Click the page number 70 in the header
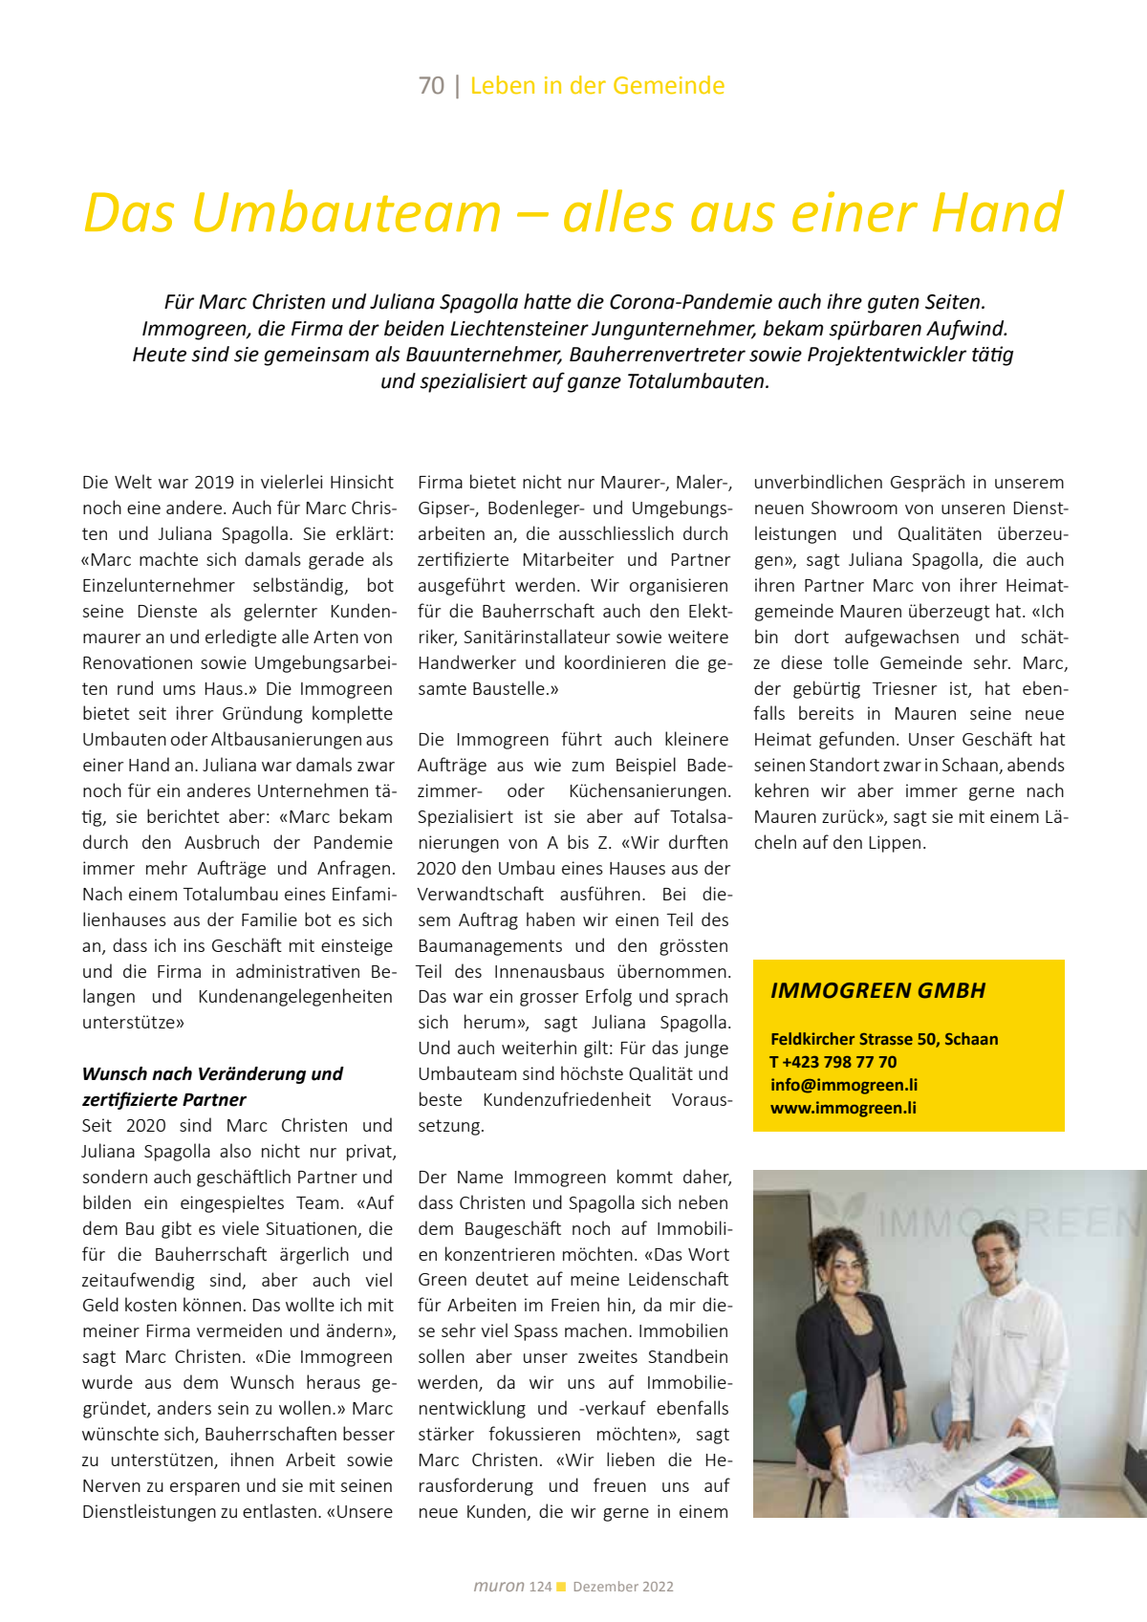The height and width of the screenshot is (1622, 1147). pyautogui.click(x=431, y=86)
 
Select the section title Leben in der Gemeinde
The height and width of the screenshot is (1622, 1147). pyautogui.click(x=597, y=86)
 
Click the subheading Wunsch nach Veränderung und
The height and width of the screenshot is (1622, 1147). pyautogui.click(x=212, y=1073)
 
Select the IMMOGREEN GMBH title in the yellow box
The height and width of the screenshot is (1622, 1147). pyautogui.click(x=877, y=990)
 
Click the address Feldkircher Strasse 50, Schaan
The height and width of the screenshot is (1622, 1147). pyautogui.click(x=884, y=1039)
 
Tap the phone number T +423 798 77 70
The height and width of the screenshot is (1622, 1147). pyautogui.click(x=833, y=1062)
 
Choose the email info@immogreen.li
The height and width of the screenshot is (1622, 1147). pyautogui.click(x=844, y=1085)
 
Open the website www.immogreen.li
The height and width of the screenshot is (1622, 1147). pyautogui.click(x=843, y=1108)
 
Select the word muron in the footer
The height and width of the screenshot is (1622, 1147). pyautogui.click(x=498, y=1587)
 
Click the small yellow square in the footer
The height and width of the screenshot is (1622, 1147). pyautogui.click(x=561, y=1587)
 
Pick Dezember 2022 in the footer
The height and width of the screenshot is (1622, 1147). pyautogui.click(x=623, y=1587)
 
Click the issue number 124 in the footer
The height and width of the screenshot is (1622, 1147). pyautogui.click(x=540, y=1587)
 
